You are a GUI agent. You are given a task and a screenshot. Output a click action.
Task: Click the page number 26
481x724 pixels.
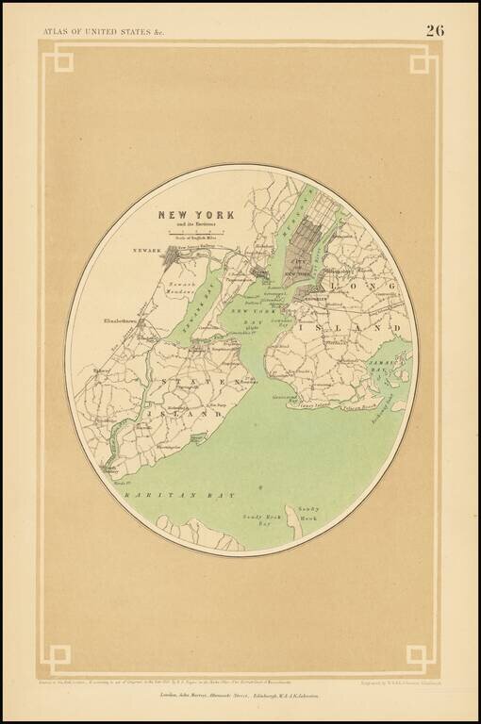(x=435, y=30)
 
